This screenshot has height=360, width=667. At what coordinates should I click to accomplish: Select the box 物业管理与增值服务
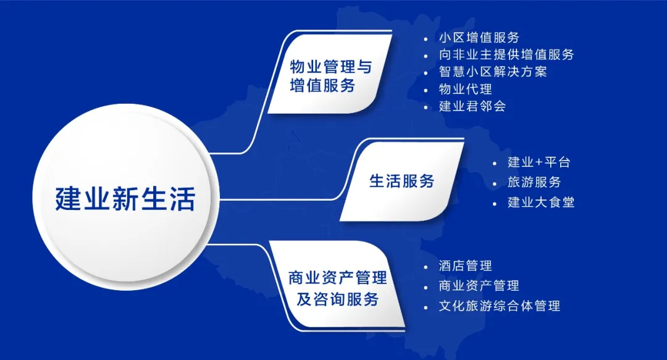(330, 75)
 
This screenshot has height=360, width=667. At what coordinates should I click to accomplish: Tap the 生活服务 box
(401, 181)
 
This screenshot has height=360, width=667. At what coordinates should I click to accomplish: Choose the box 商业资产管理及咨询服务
(337, 288)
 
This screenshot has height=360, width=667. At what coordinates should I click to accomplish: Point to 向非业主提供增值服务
(506, 55)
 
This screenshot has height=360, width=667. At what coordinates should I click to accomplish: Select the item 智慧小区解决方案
(493, 72)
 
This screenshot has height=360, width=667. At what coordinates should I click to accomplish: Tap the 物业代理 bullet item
(466, 89)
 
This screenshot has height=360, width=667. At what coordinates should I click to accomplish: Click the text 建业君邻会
(472, 106)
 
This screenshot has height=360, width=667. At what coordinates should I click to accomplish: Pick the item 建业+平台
(539, 162)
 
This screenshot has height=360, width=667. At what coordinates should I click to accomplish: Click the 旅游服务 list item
(534, 182)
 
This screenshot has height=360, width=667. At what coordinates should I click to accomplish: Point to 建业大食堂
(541, 202)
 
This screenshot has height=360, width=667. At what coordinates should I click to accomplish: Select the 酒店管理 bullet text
(465, 266)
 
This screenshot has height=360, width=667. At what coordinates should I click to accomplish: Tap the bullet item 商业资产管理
(479, 286)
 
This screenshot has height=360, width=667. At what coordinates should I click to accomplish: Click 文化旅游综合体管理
(499, 306)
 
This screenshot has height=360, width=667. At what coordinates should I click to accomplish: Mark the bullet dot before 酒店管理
(426, 267)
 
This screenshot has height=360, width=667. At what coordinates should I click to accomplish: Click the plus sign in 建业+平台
(539, 163)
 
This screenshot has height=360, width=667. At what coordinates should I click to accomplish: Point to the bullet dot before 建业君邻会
(426, 107)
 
